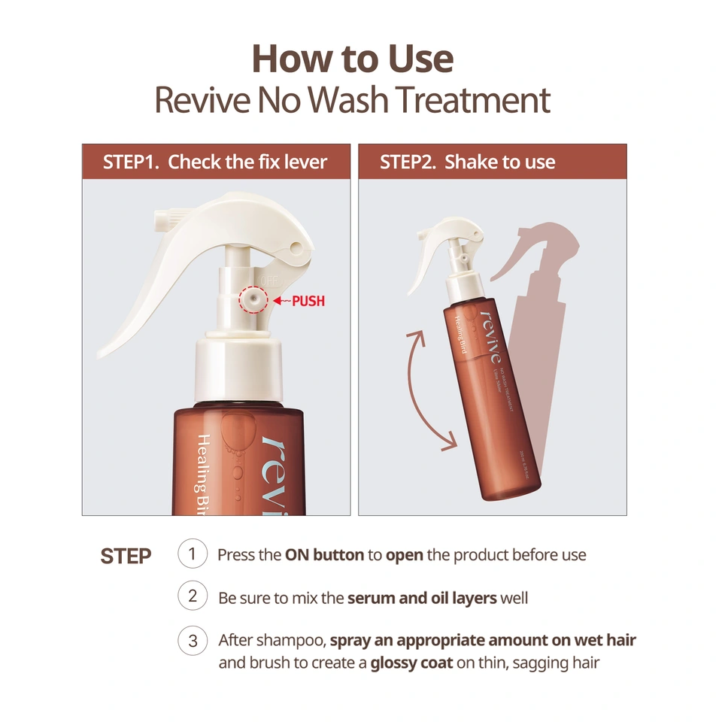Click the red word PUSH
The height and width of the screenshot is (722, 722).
pos(308,302)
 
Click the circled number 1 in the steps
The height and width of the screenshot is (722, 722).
pos(193,555)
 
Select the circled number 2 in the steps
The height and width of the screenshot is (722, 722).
pos(193,597)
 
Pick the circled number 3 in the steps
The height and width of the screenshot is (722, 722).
pos(193,641)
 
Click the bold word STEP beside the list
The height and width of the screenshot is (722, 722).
pos(126,557)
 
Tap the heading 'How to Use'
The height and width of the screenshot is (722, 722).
pos(353,59)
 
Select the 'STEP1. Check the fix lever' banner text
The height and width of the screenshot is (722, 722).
pos(215,162)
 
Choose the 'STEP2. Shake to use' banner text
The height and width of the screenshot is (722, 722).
pos(467,162)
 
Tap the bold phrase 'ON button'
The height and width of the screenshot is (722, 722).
pos(324,556)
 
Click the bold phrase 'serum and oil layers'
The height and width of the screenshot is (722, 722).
pos(422,599)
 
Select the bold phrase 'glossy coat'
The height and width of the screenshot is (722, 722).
pos(411,664)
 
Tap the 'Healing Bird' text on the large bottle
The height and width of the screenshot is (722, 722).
pos(205,474)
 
